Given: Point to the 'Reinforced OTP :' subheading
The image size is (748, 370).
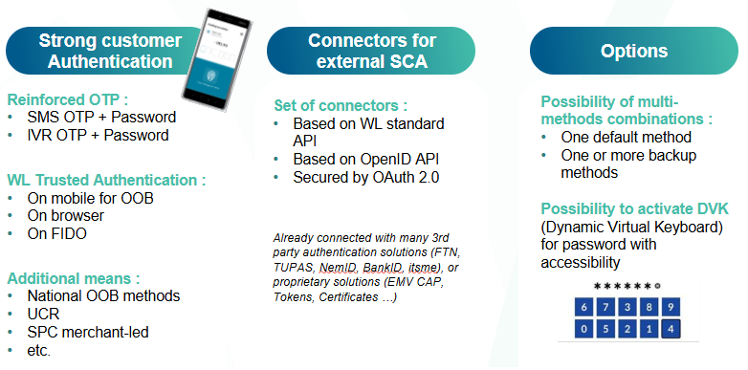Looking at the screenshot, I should (x=67, y=99).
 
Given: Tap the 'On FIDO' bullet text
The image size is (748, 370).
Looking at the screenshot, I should (x=54, y=233).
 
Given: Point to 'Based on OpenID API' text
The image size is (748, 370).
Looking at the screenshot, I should (x=360, y=158).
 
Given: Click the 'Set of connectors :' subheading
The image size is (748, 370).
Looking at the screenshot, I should (x=341, y=104).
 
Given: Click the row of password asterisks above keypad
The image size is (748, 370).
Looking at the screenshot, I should (x=627, y=286).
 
